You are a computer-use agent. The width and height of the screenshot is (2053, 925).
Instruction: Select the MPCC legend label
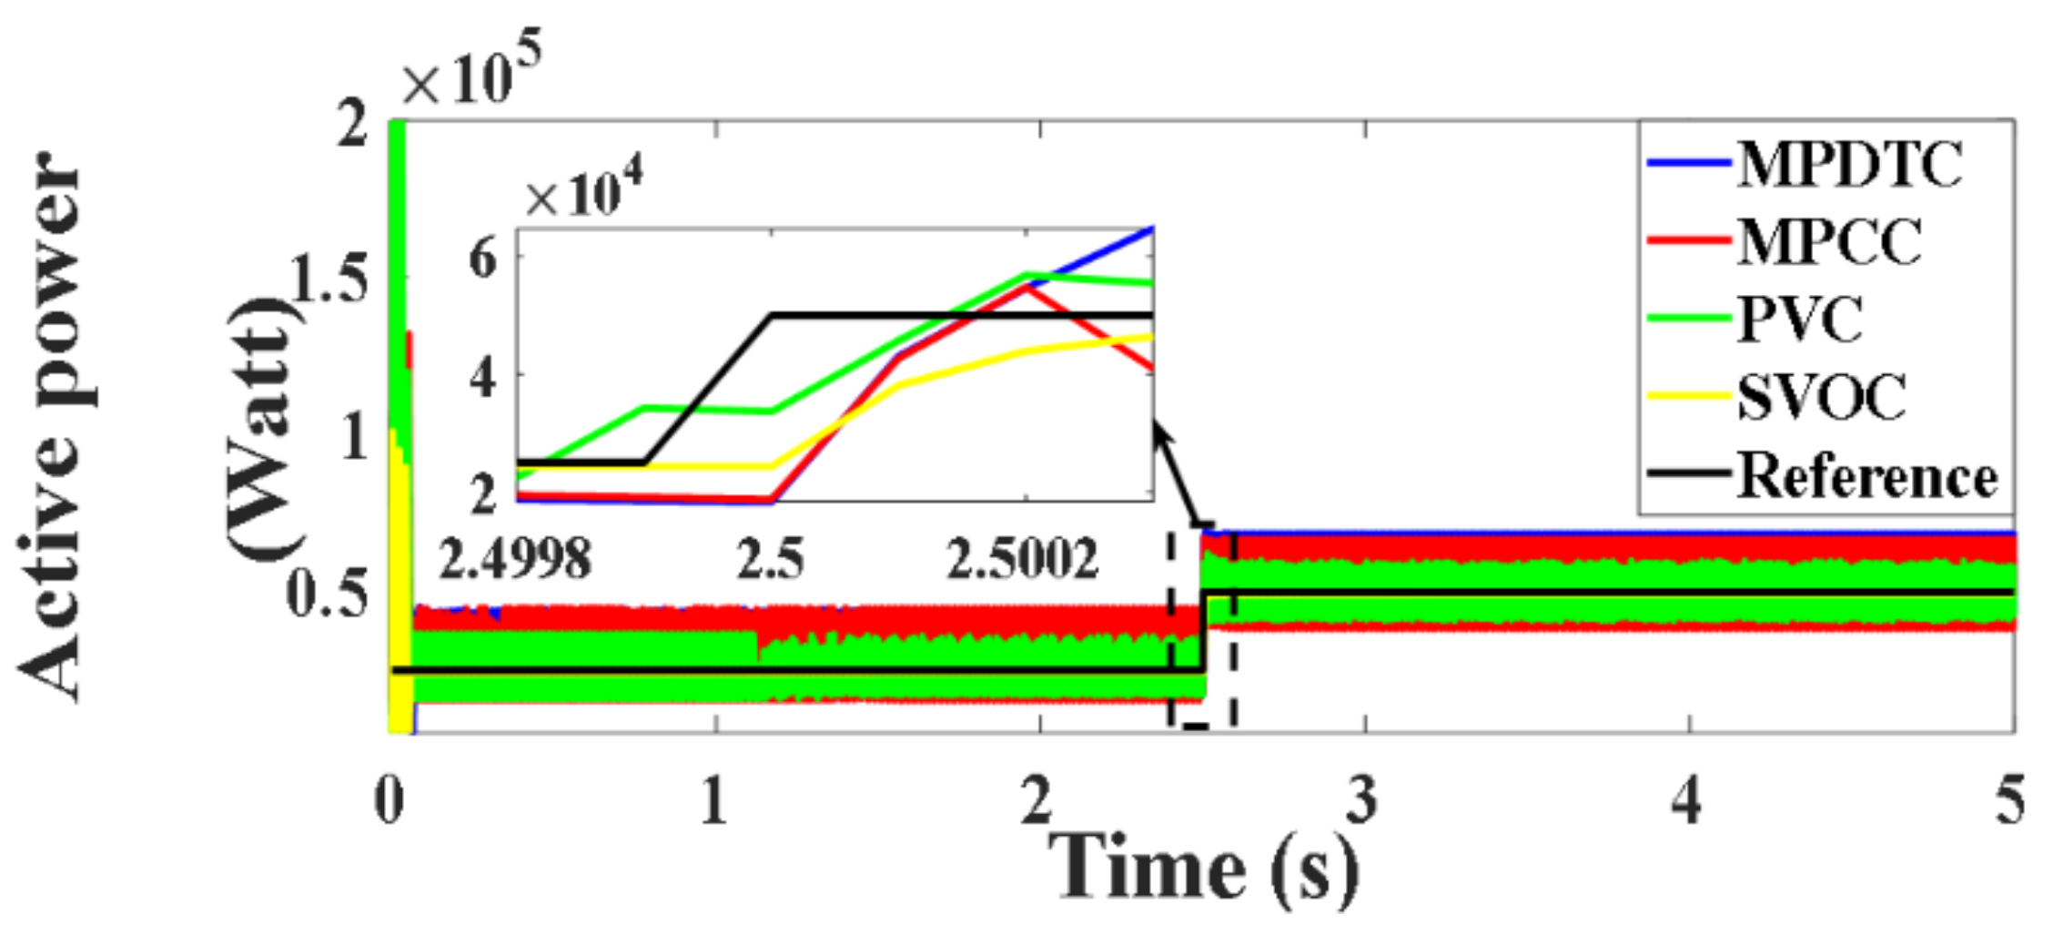(x=1829, y=242)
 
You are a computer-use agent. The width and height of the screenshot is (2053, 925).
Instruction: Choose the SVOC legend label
(x=1821, y=397)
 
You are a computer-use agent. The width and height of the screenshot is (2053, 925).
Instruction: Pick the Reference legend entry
(x=1866, y=476)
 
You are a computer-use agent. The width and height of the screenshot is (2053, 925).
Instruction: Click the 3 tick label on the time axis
(x=1361, y=801)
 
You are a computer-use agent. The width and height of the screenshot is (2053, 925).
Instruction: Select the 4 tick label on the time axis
(x=1686, y=801)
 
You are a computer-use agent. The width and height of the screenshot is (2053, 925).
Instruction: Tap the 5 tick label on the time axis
(x=2009, y=801)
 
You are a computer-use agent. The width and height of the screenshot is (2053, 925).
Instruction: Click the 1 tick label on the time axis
(x=713, y=801)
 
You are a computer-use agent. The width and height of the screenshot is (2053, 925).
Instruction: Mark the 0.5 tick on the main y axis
(x=328, y=594)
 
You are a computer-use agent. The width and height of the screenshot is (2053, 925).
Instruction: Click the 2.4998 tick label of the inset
(x=515, y=558)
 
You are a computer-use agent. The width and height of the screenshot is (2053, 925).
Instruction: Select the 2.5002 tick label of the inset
(x=1023, y=558)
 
